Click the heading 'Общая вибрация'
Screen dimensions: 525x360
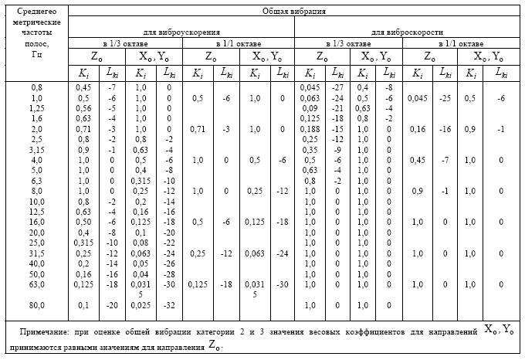coord(293,11)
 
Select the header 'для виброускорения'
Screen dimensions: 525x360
coord(181,32)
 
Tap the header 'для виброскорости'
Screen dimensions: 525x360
coord(407,32)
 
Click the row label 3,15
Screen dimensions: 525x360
coord(37,150)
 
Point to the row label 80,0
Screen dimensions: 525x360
coord(37,305)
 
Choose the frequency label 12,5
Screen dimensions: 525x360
coord(37,212)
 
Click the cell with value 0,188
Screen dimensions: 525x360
coord(310,129)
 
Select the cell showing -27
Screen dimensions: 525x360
coord(337,87)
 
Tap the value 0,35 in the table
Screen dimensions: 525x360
coord(310,150)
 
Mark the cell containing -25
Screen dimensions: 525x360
coord(445,98)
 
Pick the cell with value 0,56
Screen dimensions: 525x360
coord(83,108)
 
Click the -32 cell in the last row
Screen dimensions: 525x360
coord(169,305)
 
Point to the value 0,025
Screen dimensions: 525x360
coord(141,305)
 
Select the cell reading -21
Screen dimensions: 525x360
coord(337,108)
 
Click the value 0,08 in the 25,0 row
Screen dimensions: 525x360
coord(141,243)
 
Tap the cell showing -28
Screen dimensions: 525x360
coord(169,274)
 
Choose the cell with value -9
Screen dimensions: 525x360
coord(337,150)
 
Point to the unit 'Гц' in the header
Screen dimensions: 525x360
coord(37,54)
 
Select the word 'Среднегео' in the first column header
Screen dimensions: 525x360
coord(37,11)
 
